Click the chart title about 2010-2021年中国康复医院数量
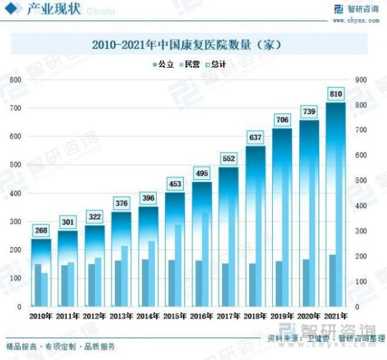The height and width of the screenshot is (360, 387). (x=188, y=46)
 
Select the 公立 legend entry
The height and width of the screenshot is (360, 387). (x=163, y=65)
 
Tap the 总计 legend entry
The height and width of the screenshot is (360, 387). (x=218, y=65)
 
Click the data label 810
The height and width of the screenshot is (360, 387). (x=335, y=94)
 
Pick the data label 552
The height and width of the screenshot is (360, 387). (x=229, y=158)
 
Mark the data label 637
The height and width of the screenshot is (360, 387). (x=256, y=137)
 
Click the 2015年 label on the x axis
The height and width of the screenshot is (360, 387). (x=176, y=316)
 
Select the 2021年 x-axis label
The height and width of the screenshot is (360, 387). (x=335, y=316)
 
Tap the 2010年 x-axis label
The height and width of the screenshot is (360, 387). (x=42, y=316)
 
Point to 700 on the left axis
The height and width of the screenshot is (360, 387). (x=14, y=108)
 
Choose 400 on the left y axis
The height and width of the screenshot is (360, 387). (x=14, y=194)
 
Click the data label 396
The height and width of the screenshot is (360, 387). (x=149, y=197)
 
